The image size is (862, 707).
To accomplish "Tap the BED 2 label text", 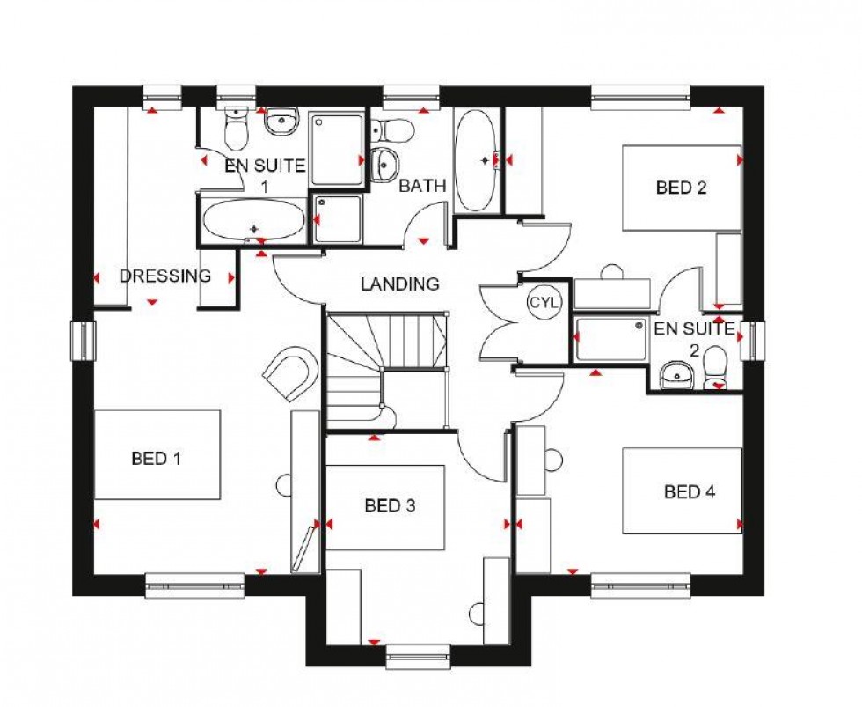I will pyautogui.click(x=682, y=187).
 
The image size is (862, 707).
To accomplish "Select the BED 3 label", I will pyautogui.click(x=390, y=505).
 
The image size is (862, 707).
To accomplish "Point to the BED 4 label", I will pyautogui.click(x=690, y=491).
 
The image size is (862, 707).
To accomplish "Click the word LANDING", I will pyautogui.click(x=399, y=284).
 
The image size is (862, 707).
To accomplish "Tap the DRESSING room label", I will pyautogui.click(x=165, y=276).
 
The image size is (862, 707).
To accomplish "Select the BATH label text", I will pyautogui.click(x=422, y=186).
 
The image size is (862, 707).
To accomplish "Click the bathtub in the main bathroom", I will pyautogui.click(x=476, y=160).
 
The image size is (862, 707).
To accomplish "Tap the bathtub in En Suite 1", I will pyautogui.click(x=253, y=220).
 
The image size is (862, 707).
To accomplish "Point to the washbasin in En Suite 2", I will pyautogui.click(x=676, y=374).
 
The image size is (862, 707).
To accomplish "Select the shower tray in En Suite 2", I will pyautogui.click(x=611, y=340).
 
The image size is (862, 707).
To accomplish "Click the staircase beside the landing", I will pyautogui.click(x=387, y=370).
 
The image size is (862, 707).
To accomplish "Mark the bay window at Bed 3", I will pyautogui.click(x=418, y=656).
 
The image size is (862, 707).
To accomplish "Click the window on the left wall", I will pyautogui.click(x=83, y=341).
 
